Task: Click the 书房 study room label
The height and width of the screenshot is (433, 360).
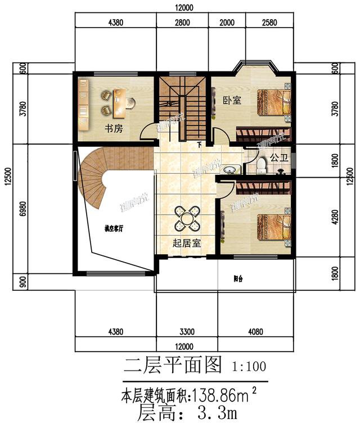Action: [113, 128]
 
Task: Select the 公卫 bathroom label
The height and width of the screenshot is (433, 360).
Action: [279, 159]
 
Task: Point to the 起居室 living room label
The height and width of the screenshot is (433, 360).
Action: [187, 243]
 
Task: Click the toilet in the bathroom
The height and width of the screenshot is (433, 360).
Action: [261, 165]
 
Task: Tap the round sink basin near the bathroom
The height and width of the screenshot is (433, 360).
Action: [229, 169]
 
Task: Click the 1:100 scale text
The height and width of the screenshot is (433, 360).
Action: [248, 367]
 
